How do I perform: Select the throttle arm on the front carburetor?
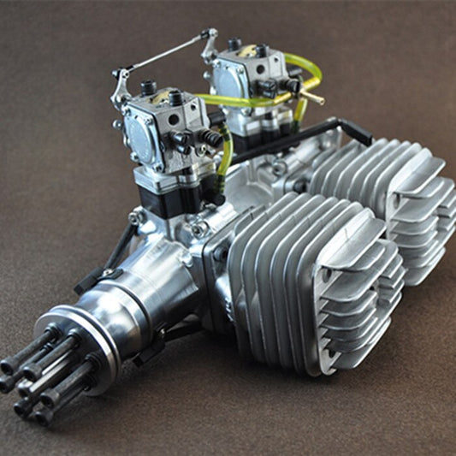point(121,86)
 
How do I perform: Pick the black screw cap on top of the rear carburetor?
point(234,44)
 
